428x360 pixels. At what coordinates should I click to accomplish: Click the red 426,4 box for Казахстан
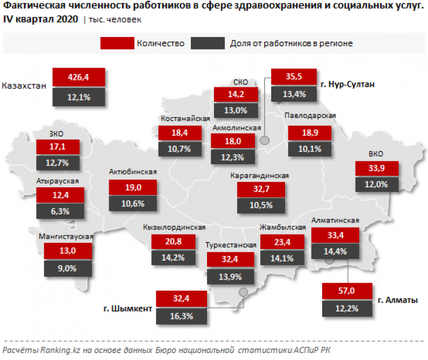[79, 77]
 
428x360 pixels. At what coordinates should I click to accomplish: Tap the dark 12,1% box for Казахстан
[79, 97]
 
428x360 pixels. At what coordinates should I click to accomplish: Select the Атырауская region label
[57, 181]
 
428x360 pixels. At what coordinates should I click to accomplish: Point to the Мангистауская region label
[65, 236]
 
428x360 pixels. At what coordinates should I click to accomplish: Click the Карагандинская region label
[259, 176]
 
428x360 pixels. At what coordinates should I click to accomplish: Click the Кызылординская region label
[175, 227]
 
